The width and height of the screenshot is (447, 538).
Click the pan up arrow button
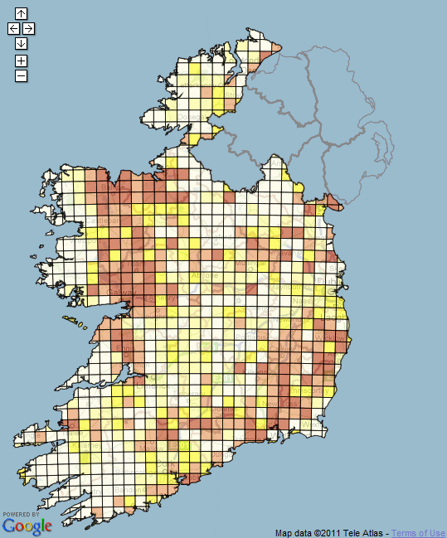point(21,13)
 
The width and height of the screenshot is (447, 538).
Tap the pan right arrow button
point(28,28)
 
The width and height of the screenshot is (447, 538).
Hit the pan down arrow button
point(21,43)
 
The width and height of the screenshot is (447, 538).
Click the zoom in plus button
point(21,61)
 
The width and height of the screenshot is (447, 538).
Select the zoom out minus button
point(21,75)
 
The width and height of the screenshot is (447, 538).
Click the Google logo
point(27,526)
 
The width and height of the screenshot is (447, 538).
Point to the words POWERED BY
point(20,514)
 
